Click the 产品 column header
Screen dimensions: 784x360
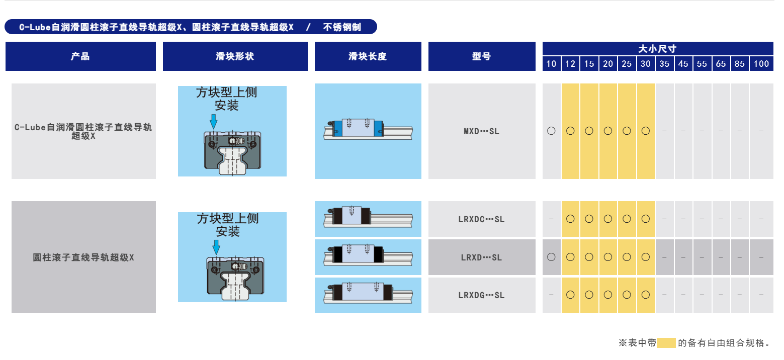[x=80, y=56]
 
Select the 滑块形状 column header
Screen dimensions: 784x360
[x=235, y=56]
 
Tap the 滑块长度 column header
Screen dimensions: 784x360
[x=368, y=56]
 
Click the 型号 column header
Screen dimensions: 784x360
[x=482, y=56]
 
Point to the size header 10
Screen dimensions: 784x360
[x=551, y=64]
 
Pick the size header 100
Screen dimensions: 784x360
[x=761, y=64]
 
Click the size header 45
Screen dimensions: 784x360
[x=683, y=64]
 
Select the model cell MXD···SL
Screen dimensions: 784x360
[x=482, y=131]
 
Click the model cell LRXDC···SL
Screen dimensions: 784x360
[x=482, y=219]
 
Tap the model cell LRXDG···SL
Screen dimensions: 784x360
[x=482, y=295]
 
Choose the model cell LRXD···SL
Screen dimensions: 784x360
[x=482, y=257]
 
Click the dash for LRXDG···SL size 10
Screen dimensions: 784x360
[x=551, y=295]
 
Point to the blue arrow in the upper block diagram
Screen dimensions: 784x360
[x=214, y=121]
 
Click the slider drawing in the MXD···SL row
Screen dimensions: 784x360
[x=368, y=129]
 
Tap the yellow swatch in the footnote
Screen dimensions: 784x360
[x=666, y=343]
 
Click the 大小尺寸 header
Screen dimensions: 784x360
[x=658, y=49]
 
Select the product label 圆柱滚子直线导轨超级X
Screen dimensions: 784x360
[x=83, y=257]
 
